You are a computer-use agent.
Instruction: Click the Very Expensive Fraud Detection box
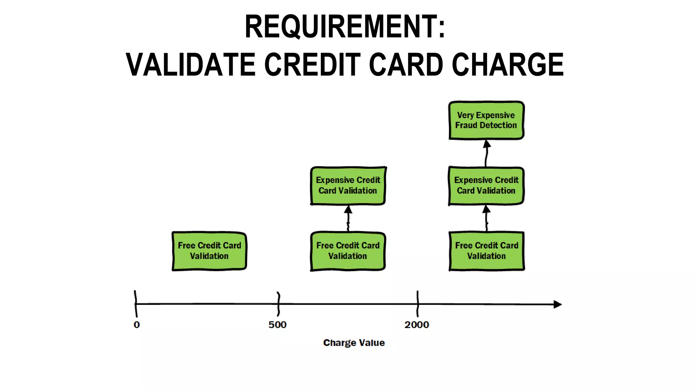[x=486, y=120]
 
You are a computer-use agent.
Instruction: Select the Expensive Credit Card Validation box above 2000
[x=486, y=185]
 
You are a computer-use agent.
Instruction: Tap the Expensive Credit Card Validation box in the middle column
[x=348, y=185]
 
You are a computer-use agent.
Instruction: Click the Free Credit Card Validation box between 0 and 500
[x=209, y=251]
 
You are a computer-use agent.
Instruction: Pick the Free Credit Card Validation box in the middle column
[x=348, y=251]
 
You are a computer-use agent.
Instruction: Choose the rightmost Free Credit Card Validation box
[x=486, y=251]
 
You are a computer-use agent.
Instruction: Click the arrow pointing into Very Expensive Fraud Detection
[x=486, y=153]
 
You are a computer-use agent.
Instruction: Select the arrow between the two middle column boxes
[x=348, y=218]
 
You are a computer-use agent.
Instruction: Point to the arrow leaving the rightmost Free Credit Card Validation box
[x=486, y=218]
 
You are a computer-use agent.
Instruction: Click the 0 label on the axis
[x=137, y=325]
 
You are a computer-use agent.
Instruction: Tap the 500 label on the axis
[x=277, y=325]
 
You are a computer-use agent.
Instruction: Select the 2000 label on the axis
[x=417, y=325]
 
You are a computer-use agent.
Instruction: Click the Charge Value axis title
[x=354, y=343]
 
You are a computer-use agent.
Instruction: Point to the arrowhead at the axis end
[x=557, y=304]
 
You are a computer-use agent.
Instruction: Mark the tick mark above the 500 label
[x=278, y=303]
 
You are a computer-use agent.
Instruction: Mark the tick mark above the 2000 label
[x=417, y=303]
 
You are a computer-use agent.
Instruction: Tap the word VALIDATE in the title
[x=190, y=64]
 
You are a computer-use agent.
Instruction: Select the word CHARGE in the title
[x=508, y=64]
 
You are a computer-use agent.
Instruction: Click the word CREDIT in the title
[x=312, y=64]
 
